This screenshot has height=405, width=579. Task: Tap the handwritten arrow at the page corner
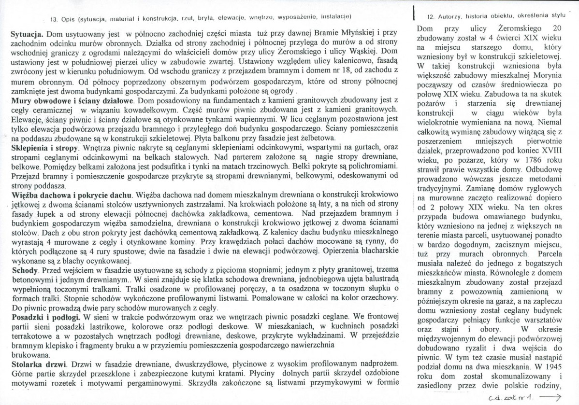[x=553, y=397]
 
